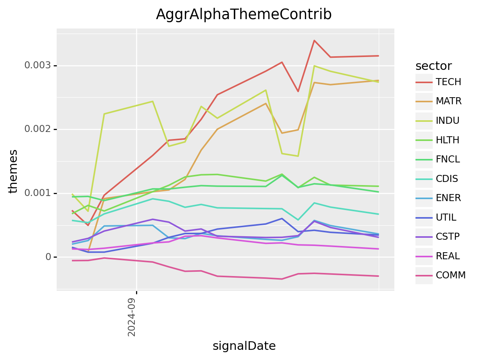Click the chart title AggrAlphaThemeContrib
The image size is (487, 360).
pos(243,14)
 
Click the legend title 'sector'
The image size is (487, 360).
pos(433,66)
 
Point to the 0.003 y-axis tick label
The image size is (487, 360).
pos(38,66)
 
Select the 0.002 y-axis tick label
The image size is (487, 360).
pos(38,129)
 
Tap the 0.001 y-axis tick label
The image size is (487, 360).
pos(38,193)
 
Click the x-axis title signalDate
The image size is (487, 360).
pos(244,346)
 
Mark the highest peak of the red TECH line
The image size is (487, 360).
pos(314,40)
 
